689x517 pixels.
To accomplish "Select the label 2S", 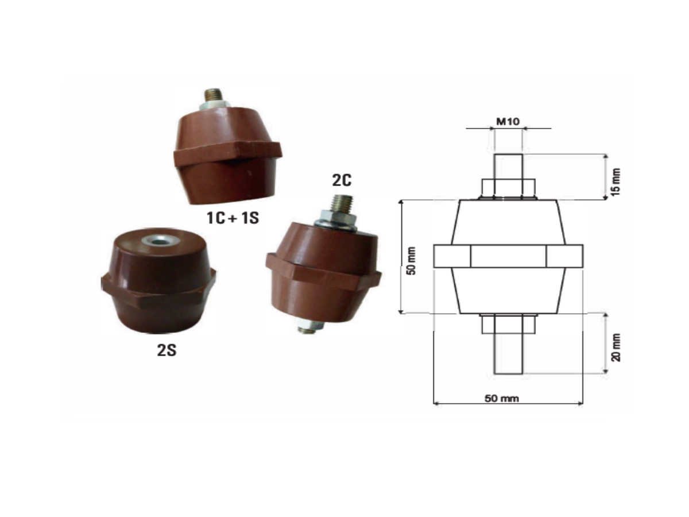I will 167,350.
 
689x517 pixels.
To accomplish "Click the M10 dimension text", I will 508,121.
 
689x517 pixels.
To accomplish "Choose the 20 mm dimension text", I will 616,347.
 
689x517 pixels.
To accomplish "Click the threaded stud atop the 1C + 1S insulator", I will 214,94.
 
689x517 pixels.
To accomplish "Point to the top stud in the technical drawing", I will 508,167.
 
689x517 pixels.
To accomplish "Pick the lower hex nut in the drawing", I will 508,324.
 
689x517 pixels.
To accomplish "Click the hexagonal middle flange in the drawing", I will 508,256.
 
